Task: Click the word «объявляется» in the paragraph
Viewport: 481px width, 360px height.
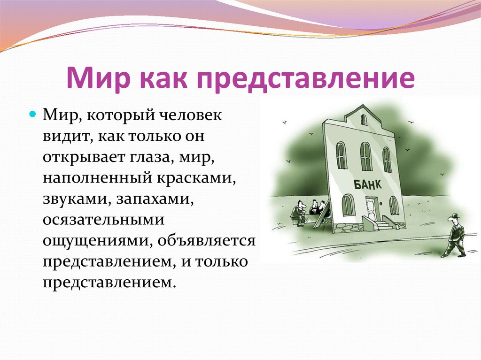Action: click(206, 242)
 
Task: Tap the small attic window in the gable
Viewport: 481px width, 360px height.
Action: click(364, 120)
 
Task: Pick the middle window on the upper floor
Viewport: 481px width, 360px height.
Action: click(365, 156)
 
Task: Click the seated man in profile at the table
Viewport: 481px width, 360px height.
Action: click(298, 213)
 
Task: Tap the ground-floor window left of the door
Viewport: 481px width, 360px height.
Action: click(348, 205)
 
